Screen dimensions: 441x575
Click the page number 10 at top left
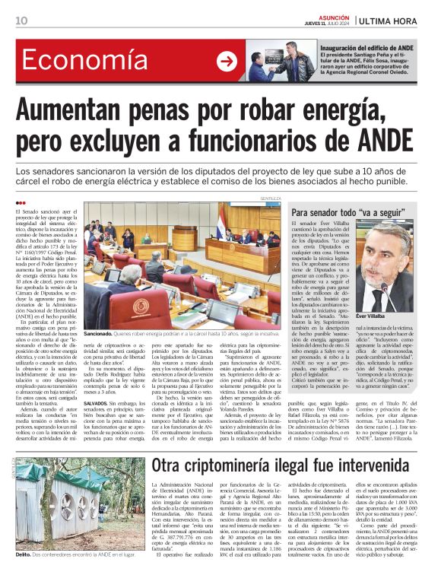[x=21, y=21]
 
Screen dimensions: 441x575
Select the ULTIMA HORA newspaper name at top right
[x=395, y=21]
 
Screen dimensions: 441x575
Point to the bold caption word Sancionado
[x=98, y=333]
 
